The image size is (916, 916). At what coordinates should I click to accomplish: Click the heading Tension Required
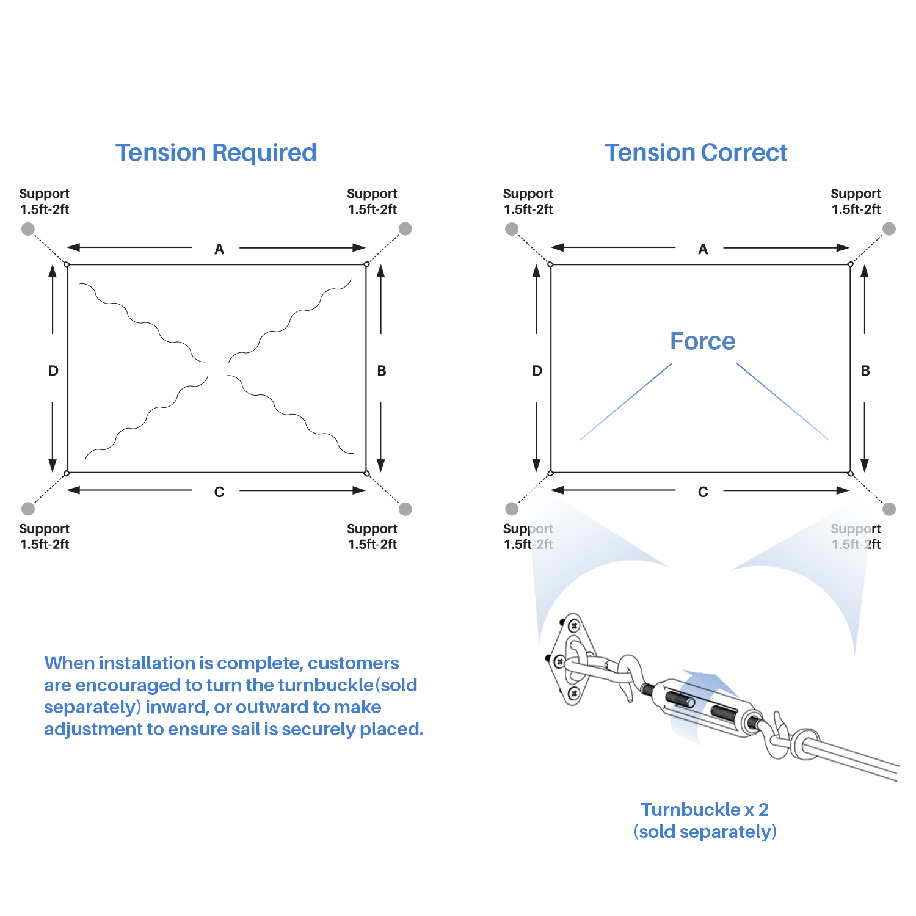[216, 153]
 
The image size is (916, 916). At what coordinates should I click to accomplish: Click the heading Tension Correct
[696, 153]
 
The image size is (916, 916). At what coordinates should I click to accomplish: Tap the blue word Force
[702, 341]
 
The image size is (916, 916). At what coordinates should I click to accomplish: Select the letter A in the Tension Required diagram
[219, 249]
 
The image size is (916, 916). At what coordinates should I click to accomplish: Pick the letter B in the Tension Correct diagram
[865, 371]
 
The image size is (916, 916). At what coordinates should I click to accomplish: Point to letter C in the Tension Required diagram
[219, 492]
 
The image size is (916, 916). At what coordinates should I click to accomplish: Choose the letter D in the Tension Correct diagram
[537, 371]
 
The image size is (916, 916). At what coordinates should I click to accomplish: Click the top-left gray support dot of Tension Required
[28, 229]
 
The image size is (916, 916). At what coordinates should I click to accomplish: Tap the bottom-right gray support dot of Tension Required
[405, 509]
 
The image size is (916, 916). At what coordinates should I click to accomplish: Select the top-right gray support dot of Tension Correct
[889, 229]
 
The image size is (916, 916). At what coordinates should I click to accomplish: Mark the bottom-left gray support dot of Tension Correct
[512, 509]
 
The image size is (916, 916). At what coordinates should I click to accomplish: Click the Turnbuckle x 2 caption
[705, 810]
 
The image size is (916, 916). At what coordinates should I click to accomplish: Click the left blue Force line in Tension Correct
[625, 402]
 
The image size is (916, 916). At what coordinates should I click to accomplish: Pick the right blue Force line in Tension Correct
[782, 402]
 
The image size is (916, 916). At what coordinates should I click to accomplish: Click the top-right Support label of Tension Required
[372, 194]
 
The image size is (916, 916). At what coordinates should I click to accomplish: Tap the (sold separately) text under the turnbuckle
[705, 832]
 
